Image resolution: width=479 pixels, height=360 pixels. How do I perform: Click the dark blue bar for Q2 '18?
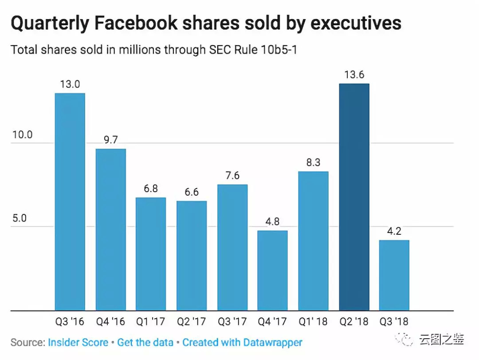tap(354, 197)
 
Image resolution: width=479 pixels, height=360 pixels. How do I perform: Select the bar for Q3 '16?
tap(70, 202)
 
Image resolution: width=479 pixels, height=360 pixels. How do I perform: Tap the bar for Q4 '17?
tap(273, 270)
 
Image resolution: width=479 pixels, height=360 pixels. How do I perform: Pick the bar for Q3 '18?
tap(394, 275)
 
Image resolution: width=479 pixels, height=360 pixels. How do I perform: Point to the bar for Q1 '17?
tap(151, 254)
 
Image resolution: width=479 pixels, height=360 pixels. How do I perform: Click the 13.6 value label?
tap(354, 75)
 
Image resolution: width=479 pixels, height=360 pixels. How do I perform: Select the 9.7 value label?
tap(110, 140)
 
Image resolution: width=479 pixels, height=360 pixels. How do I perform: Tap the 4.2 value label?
tap(394, 231)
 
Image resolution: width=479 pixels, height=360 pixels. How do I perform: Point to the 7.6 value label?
tap(232, 175)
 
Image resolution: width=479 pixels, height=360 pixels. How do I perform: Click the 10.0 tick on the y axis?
tap(22, 135)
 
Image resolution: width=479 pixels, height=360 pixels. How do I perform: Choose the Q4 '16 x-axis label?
tap(110, 321)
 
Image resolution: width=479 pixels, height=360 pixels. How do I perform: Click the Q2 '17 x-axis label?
tap(192, 321)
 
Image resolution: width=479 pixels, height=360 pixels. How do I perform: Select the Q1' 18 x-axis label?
tap(313, 321)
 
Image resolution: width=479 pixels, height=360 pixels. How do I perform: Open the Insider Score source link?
tap(78, 343)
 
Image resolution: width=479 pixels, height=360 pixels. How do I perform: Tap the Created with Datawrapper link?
tap(242, 343)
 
